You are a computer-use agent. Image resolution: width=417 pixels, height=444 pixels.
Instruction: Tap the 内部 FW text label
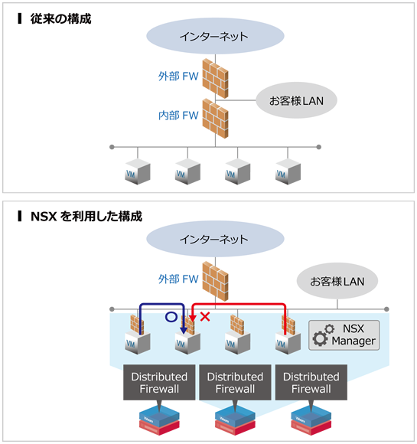tap(178, 116)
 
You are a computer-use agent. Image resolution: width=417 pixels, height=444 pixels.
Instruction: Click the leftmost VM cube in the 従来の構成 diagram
tap(137, 170)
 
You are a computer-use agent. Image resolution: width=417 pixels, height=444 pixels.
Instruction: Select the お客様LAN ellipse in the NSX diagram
tap(337, 281)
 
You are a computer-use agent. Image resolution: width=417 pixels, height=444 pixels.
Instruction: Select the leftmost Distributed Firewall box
tap(158, 383)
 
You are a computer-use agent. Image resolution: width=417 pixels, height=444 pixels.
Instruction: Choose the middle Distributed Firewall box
tap(235, 383)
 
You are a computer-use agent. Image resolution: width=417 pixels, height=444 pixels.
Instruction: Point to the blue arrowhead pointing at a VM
tap(183, 330)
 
